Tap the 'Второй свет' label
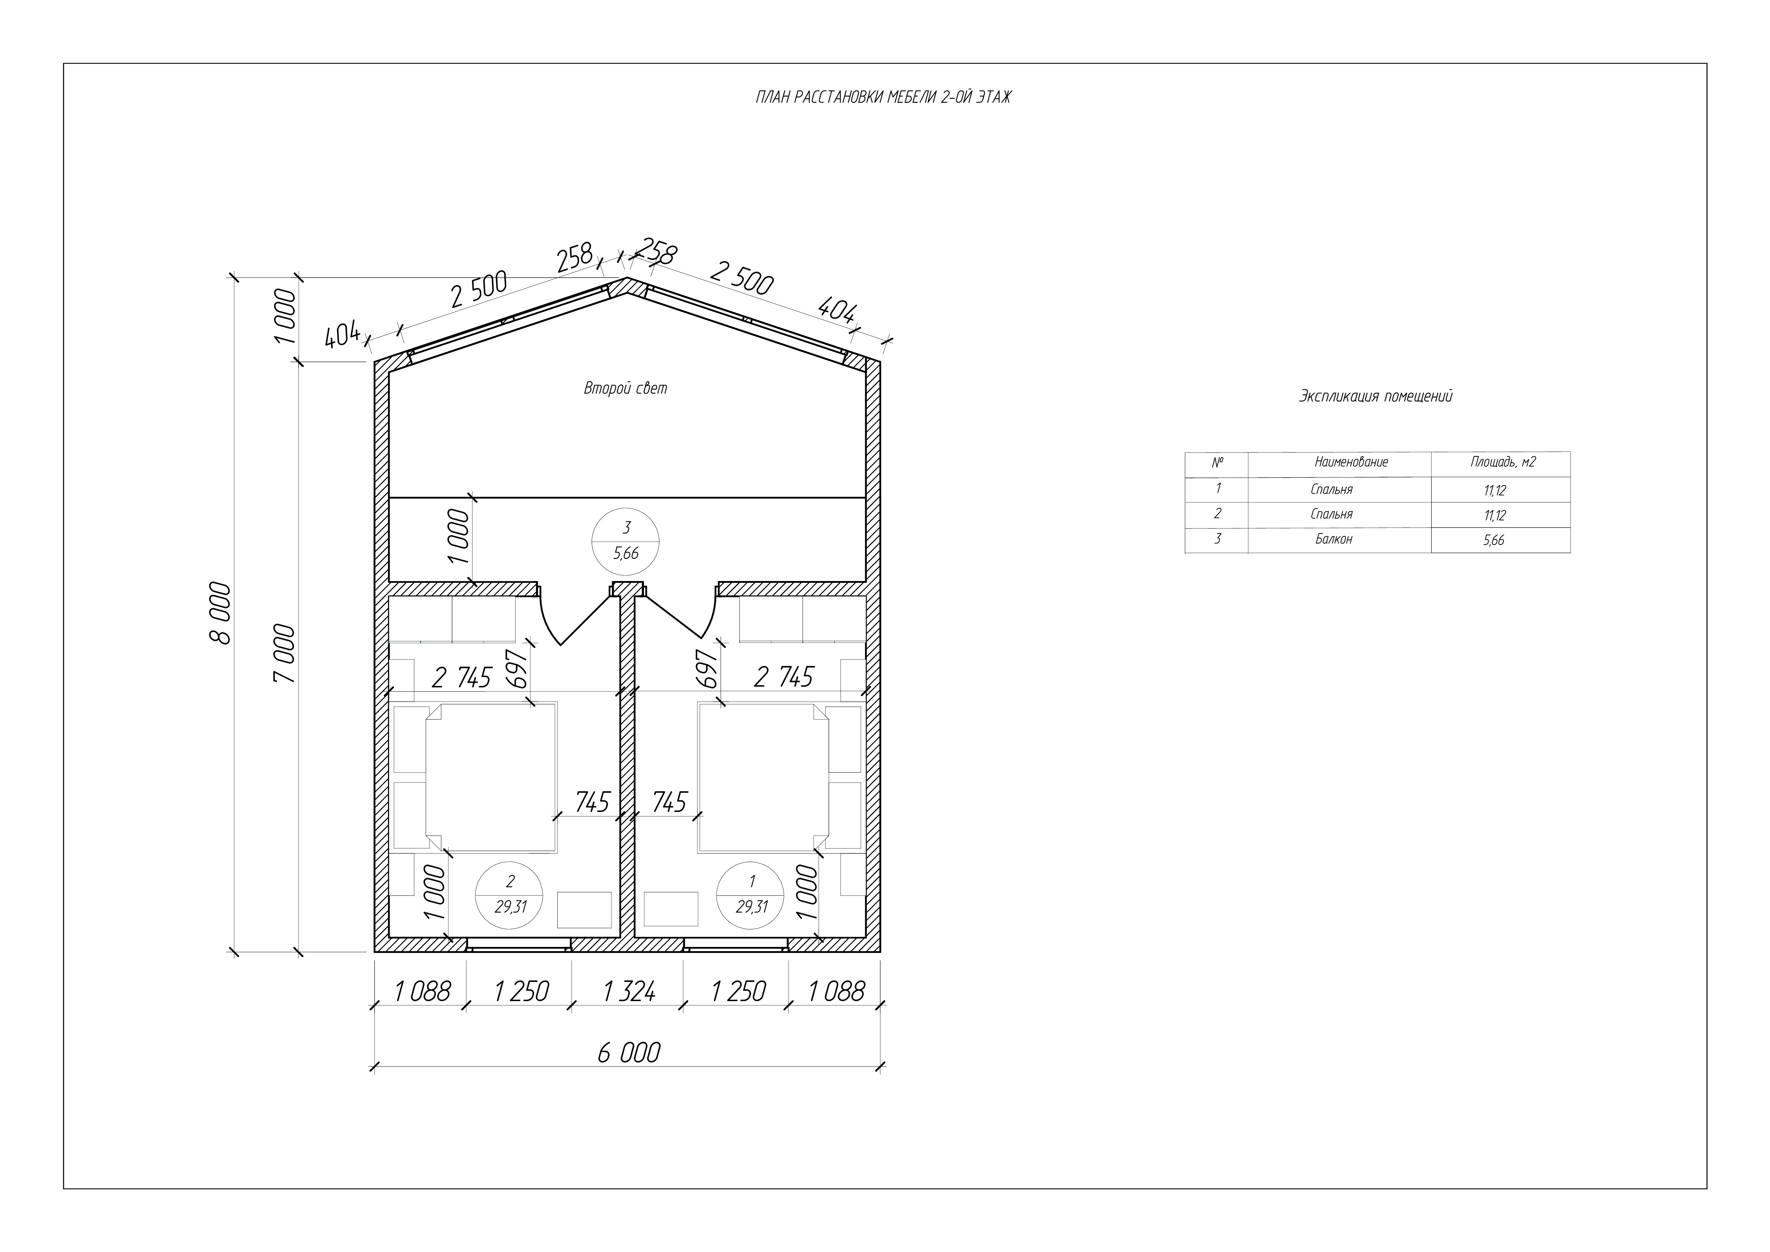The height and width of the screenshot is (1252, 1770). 625,388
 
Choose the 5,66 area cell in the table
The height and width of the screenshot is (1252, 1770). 1493,540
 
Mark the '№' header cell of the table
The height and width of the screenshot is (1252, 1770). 1217,463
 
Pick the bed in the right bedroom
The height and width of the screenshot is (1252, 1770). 763,777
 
